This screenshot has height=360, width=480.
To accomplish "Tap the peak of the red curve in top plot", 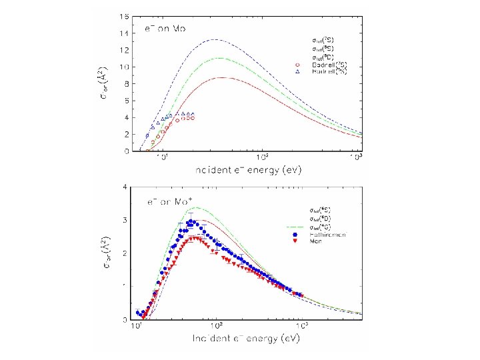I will pos(224,77).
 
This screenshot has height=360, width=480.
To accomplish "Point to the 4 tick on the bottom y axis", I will pos(128,187).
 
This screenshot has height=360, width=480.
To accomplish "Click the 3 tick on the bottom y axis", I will pos(128,220).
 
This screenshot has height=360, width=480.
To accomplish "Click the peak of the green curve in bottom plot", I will pos(197,207).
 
